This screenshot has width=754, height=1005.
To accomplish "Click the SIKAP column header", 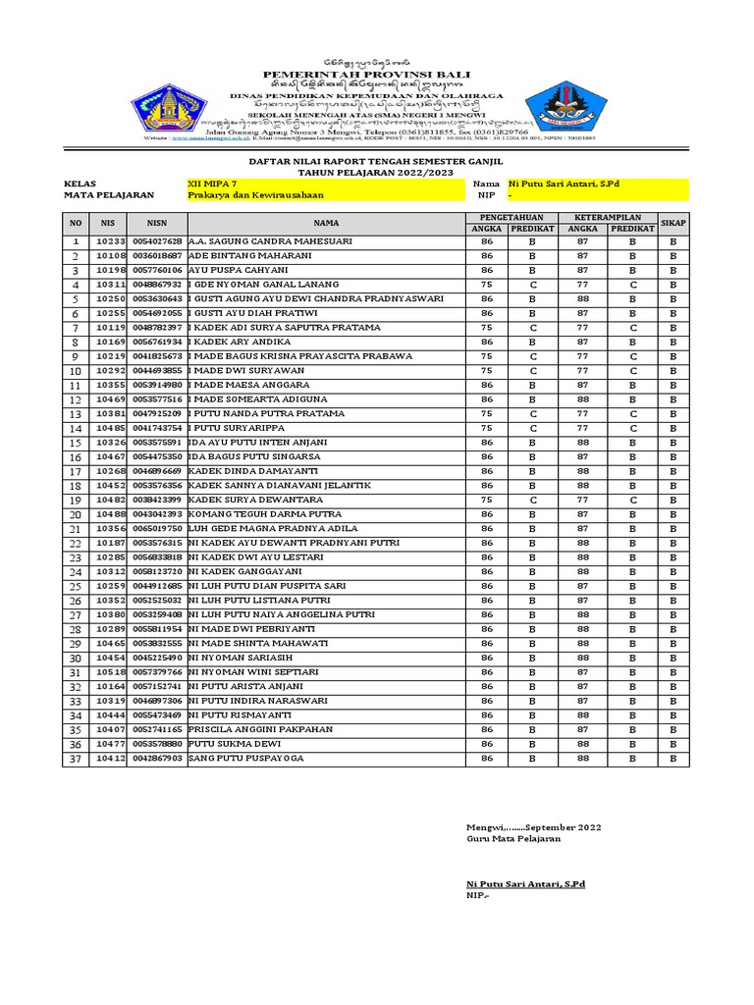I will coord(673,222).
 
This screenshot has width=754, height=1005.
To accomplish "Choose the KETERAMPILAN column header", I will coord(608,216).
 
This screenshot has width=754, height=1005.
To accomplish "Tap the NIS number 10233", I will coord(110,241).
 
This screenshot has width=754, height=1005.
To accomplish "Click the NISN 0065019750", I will coord(157,529).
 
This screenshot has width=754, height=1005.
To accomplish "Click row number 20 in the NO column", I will coord(75,514).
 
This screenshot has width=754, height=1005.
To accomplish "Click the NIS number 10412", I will coord(110,759).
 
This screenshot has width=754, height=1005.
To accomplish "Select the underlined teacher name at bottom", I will coord(525,884).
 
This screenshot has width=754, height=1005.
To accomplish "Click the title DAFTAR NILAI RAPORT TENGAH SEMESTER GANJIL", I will coord(377,159).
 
